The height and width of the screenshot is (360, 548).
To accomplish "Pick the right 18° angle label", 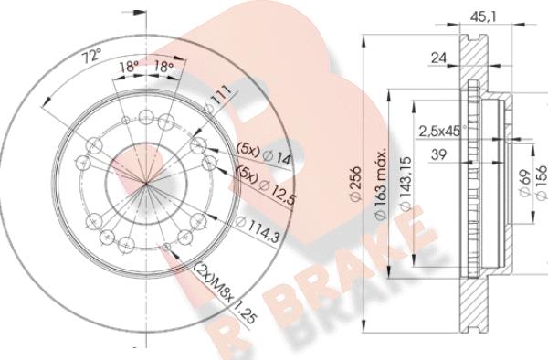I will point(165,68).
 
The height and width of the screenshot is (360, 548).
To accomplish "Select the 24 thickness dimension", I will point(439,58).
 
